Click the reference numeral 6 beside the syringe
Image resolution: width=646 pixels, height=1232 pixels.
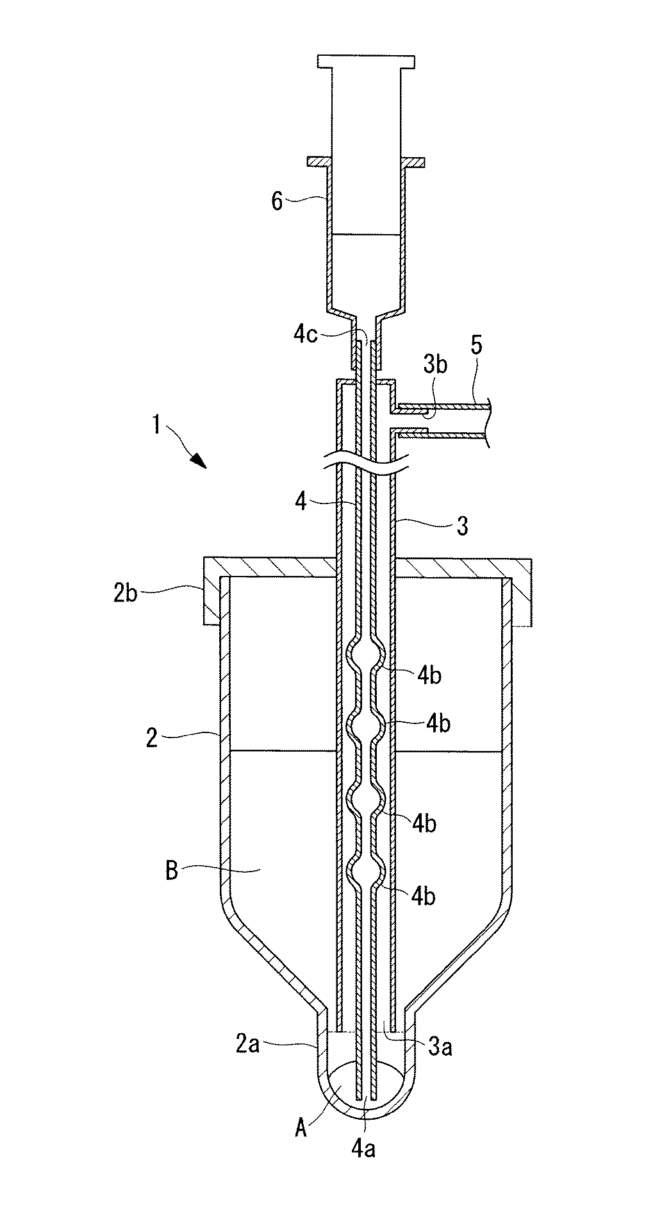coord(277,201)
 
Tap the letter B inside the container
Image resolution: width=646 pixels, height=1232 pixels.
coord(171,872)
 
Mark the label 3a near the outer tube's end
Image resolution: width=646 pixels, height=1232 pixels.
coord(441,1047)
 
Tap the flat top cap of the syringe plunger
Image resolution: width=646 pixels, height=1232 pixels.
coord(365,62)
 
